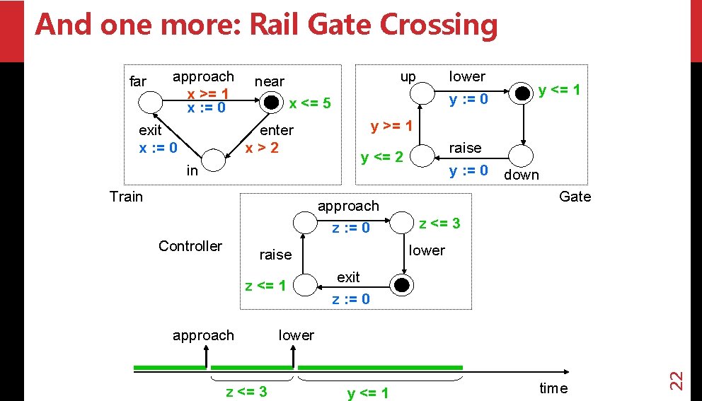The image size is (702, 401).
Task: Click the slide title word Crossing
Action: point(439,25)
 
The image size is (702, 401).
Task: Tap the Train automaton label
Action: point(126,197)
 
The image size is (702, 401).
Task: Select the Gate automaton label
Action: point(574,197)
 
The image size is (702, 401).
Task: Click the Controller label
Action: point(190,246)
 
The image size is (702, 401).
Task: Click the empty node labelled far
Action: point(150,103)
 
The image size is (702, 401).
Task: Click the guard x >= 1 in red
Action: point(207,93)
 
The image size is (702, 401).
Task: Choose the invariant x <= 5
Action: point(309,104)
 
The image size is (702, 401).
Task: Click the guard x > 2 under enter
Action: point(262,148)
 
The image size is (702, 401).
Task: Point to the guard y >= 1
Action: point(391,127)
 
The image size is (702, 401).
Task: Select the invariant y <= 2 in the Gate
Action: point(381,156)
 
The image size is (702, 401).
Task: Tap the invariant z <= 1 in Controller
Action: point(265,286)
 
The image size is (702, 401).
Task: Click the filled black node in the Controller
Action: point(402,285)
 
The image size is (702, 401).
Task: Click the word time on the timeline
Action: point(553,388)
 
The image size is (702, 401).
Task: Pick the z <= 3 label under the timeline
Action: point(246,392)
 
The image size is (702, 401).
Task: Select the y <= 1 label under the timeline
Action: point(367,393)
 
